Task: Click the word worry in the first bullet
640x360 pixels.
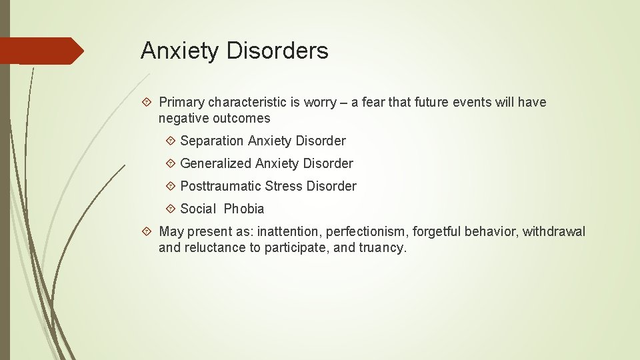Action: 320,102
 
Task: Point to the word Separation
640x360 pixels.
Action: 212,141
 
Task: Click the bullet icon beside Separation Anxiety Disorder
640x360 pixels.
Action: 171,141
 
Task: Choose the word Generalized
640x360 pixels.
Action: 215,163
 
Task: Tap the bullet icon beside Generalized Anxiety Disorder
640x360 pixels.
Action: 171,163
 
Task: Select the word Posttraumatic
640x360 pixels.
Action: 221,186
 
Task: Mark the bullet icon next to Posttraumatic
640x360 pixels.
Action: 171,186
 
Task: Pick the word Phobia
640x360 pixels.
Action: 244,209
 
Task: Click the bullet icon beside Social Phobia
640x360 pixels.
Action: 171,209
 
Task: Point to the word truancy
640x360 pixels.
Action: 382,248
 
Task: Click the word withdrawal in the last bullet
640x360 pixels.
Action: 554,231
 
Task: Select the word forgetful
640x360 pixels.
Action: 437,231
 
